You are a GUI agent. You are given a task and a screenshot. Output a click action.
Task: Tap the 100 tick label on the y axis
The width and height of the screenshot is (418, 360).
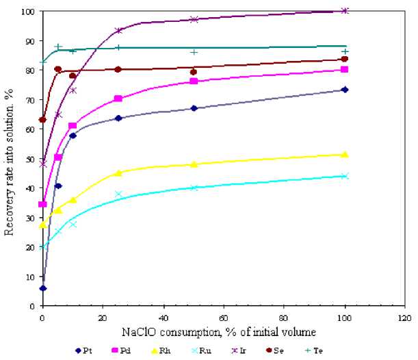[x=27, y=12]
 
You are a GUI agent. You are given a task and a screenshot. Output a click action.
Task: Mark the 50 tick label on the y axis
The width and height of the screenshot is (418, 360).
[x=30, y=159]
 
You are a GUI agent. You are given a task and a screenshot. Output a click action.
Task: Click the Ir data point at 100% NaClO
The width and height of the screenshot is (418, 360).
[x=345, y=11]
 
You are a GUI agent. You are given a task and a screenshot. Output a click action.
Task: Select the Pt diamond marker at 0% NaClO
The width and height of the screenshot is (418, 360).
[x=43, y=288]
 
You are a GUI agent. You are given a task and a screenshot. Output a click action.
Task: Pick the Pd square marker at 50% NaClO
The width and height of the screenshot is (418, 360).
[x=194, y=81]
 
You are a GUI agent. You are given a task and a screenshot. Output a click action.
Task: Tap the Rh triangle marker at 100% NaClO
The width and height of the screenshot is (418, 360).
[x=345, y=155]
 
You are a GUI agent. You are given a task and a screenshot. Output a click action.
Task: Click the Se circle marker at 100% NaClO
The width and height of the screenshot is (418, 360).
[x=345, y=59]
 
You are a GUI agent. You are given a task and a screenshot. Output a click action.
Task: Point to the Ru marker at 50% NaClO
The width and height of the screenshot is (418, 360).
[x=194, y=188]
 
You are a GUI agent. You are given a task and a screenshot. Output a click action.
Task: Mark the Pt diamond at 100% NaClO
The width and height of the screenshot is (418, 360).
[x=345, y=90]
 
